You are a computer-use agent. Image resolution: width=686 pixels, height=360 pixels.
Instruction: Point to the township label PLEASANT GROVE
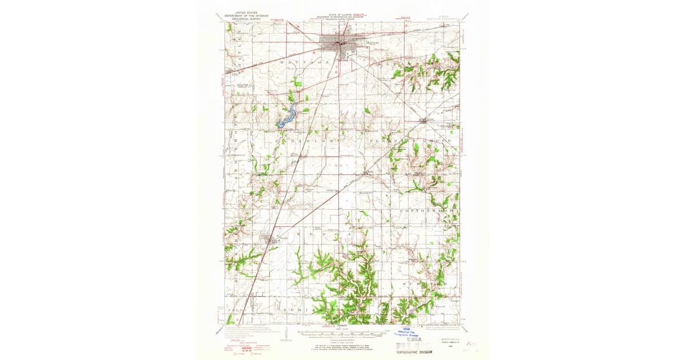(x=412, y=140)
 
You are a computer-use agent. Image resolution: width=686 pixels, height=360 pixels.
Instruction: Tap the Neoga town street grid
(x=269, y=239)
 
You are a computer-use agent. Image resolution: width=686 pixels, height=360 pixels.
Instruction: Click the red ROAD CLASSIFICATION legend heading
(x=240, y=342)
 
